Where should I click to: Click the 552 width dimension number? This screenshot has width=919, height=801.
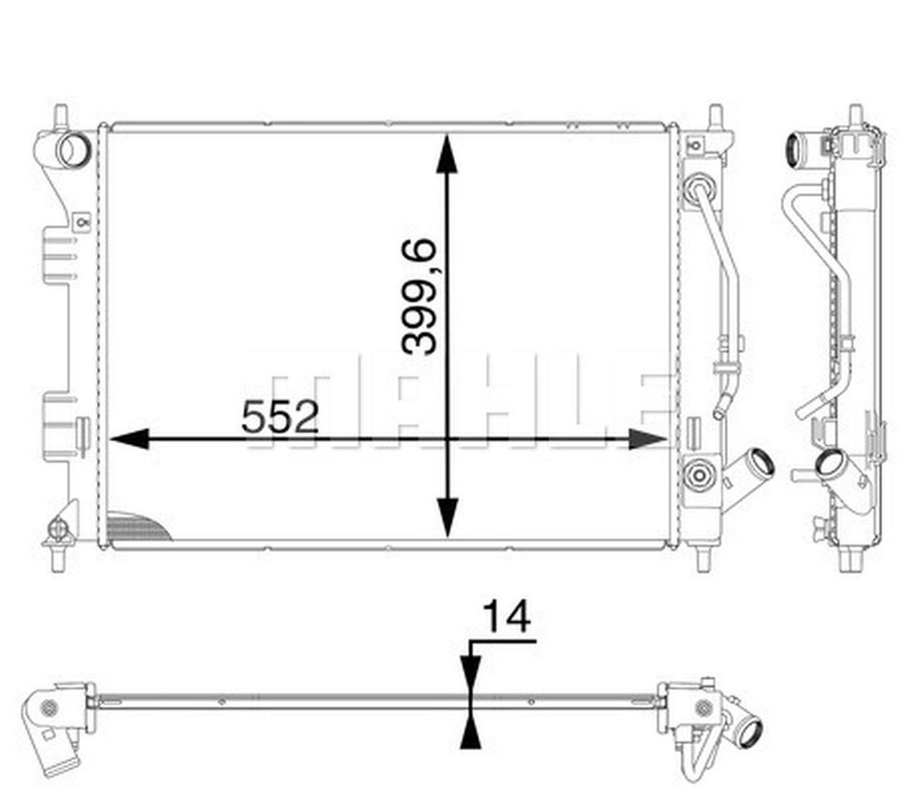[x=279, y=417]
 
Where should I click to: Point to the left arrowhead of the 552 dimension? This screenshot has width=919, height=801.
[x=129, y=440]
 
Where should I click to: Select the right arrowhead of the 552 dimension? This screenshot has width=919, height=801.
[x=648, y=440]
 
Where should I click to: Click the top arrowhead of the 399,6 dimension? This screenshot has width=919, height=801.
[x=447, y=153]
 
